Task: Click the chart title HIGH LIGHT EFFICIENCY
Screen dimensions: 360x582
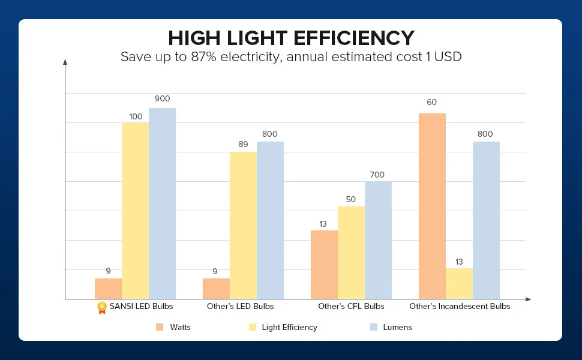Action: tap(291, 38)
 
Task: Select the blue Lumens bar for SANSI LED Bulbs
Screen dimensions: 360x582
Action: tap(162, 203)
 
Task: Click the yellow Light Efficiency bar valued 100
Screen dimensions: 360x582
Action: tap(135, 211)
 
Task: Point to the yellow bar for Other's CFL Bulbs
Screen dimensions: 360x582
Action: tap(351, 253)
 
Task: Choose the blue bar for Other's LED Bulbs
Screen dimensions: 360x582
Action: tap(270, 220)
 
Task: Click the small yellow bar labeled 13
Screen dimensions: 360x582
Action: tap(459, 283)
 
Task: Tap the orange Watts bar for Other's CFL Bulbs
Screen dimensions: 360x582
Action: tap(324, 265)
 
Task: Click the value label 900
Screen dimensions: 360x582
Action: tap(162, 99)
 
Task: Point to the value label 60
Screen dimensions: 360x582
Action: tap(432, 103)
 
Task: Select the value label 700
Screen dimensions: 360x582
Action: tap(377, 175)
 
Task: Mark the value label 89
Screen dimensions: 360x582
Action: tap(243, 144)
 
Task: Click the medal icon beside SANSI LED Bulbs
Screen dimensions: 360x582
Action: tap(102, 307)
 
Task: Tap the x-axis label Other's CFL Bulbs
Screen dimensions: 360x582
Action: tap(351, 307)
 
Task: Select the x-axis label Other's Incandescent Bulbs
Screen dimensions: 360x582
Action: tap(460, 307)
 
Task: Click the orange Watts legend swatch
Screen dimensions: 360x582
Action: tap(160, 327)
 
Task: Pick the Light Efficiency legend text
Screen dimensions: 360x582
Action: tap(289, 328)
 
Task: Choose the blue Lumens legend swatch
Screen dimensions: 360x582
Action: tap(373, 327)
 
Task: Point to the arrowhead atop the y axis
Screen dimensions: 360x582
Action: tap(65, 61)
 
